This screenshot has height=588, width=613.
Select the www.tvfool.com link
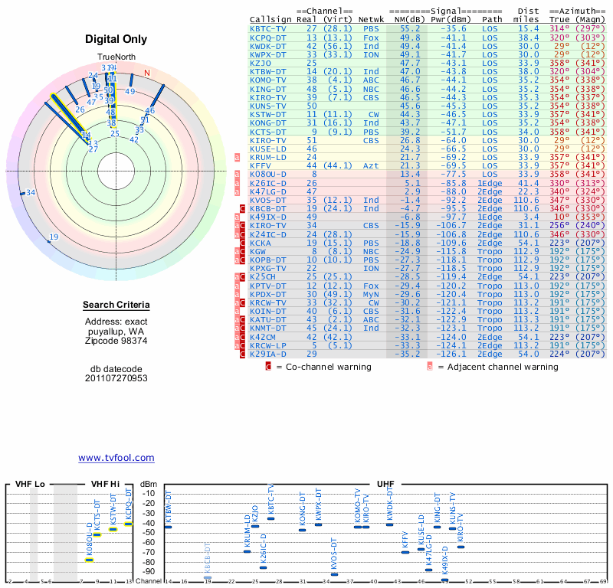(116, 458)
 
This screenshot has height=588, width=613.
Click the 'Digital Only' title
(116, 39)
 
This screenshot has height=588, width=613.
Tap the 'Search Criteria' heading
(116, 305)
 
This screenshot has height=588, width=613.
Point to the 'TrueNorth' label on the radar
(116, 57)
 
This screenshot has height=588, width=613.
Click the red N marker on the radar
(147, 73)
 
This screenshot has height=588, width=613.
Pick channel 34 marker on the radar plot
(31, 193)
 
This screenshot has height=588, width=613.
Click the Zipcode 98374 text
(116, 340)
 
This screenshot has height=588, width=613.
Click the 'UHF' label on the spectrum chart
(386, 485)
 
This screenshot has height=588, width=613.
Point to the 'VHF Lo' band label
(30, 485)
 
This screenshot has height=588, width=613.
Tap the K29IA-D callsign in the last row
(267, 354)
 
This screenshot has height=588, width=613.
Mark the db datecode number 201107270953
(116, 378)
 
